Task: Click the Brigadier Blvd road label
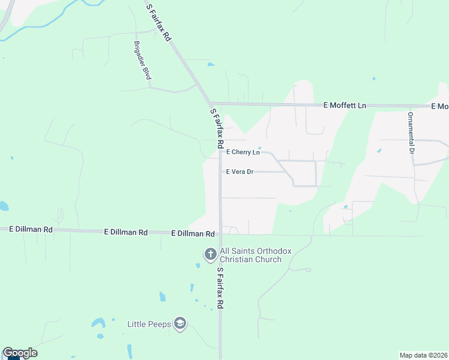[x=142, y=60]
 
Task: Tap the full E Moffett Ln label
[x=345, y=106]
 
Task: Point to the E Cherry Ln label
[x=243, y=152]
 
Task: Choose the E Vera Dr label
[x=240, y=172]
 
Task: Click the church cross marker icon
[x=210, y=254]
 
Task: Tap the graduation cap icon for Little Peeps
[x=179, y=324]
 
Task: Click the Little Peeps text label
[x=149, y=324]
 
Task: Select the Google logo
[x=20, y=353]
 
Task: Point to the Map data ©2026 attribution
[x=423, y=355]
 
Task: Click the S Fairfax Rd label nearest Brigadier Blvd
[x=160, y=22]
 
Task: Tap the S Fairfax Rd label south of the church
[x=220, y=288]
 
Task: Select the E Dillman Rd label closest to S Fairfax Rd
[x=193, y=233]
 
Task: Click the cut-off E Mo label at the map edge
[x=440, y=106]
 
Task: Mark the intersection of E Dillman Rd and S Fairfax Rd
[x=220, y=233]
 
